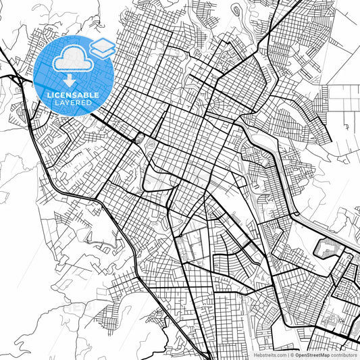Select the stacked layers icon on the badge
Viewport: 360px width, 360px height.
(x=103, y=48)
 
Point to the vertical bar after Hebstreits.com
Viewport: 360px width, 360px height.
(x=286, y=354)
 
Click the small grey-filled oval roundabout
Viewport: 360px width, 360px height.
(x=140, y=138)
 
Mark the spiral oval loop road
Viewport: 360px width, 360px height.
(x=236, y=11)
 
